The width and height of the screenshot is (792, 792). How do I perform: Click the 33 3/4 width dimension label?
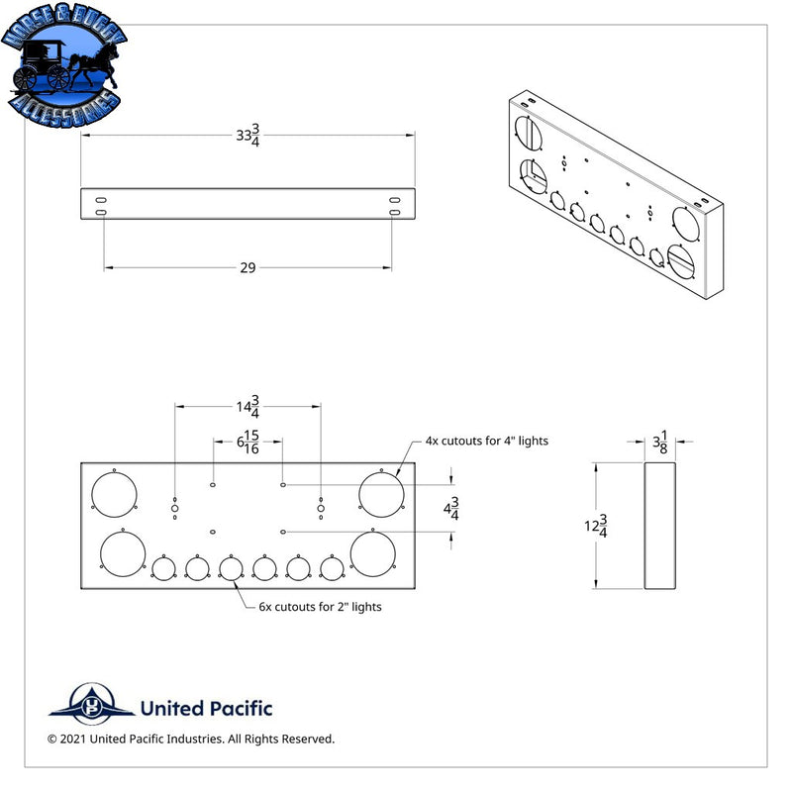coord(248,136)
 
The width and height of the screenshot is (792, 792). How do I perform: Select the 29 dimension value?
coord(247,267)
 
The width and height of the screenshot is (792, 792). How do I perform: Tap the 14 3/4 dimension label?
coord(248,407)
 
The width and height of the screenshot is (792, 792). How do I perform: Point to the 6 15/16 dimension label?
coord(248,442)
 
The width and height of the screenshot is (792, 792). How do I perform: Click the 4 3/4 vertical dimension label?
coord(451,508)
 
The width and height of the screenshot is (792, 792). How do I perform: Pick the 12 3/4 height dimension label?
coord(596,526)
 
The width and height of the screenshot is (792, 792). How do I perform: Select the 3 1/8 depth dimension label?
coord(660,442)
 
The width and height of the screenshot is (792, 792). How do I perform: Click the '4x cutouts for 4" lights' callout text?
coord(486,441)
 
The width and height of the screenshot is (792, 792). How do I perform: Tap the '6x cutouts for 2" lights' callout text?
coord(320,607)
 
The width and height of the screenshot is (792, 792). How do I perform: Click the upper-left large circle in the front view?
coord(114,494)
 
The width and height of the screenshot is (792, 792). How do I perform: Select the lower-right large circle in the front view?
coord(373,554)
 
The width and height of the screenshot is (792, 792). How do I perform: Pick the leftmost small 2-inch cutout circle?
coord(163,568)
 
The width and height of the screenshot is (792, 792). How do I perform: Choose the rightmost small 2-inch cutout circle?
coord(332,568)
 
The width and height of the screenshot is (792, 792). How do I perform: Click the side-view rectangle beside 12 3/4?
coord(659,526)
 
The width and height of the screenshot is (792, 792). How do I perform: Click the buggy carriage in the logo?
coord(43,65)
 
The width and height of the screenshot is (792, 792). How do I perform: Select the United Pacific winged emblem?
coord(92,704)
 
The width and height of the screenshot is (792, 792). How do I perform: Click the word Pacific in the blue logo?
coord(239,708)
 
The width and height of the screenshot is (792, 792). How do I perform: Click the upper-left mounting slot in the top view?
coord(101,200)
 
